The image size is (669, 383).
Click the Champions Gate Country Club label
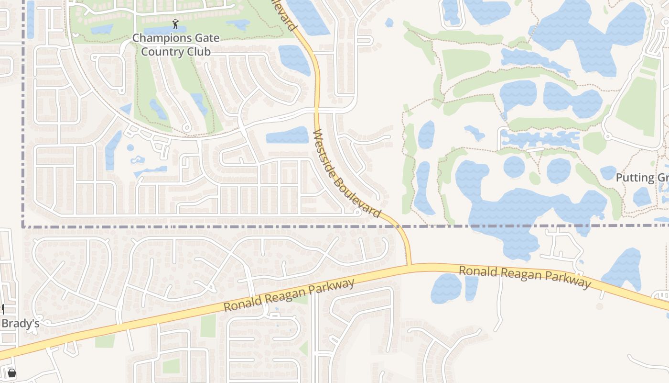(x=176, y=45)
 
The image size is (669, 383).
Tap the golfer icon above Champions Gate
(x=175, y=24)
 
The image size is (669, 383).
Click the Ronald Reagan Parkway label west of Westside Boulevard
(x=289, y=295)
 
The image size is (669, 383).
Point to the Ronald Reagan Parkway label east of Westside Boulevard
(x=525, y=277)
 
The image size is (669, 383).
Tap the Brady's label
(x=20, y=324)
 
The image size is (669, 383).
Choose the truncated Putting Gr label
(x=642, y=178)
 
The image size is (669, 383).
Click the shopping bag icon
(x=12, y=373)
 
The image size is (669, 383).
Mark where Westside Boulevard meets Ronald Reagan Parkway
(x=409, y=265)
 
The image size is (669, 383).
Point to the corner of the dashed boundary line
(x=23, y=226)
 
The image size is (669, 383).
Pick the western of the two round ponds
(x=514, y=167)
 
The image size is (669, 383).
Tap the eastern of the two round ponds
(x=559, y=170)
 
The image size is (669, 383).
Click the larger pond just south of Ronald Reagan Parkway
(x=446, y=288)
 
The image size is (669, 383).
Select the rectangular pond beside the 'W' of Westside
(x=287, y=135)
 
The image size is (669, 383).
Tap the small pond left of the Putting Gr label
(x=608, y=172)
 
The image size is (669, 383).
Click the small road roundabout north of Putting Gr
(x=607, y=137)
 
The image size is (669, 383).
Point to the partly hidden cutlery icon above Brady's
(x=2, y=309)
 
